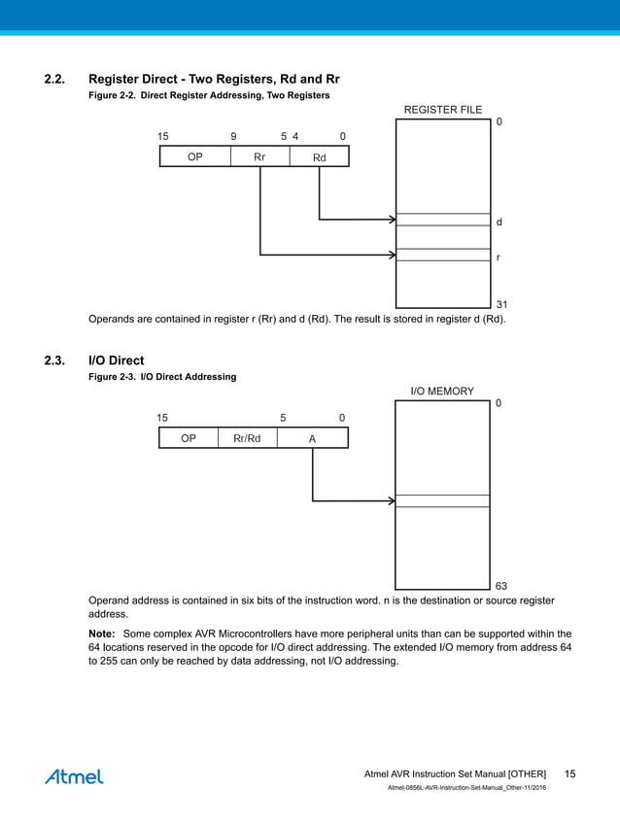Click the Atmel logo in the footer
pos(74,776)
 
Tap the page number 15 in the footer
pos(569,773)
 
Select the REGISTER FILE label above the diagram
pos(442,110)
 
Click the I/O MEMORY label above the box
pos(442,392)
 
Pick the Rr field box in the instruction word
pos(260,156)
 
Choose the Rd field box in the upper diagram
pos(320,156)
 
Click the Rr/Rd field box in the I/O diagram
pos(247,438)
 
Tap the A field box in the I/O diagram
pos(312,438)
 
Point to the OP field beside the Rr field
pos(194,156)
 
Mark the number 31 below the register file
pos(501,305)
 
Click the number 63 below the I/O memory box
pos(501,586)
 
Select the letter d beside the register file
pos(499,223)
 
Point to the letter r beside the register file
pos(499,258)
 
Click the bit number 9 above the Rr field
pos(233,136)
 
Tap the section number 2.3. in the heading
pos(55,360)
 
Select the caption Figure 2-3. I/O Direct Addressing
pos(162,376)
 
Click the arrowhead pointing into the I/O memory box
pos(391,501)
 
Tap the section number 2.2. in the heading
pos(55,79)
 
